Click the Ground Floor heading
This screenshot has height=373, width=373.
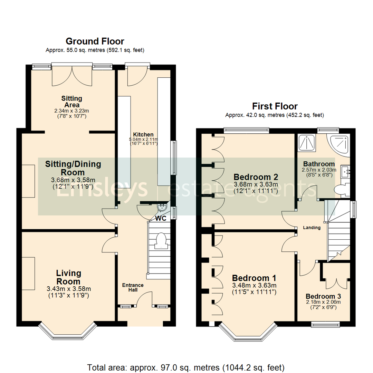point(95,41)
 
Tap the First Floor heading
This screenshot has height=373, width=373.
point(275,106)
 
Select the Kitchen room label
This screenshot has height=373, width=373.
point(144,134)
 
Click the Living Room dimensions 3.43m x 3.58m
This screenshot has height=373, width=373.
point(68,289)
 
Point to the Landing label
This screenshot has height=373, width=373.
point(312,228)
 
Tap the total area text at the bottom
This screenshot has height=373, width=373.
point(186,367)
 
